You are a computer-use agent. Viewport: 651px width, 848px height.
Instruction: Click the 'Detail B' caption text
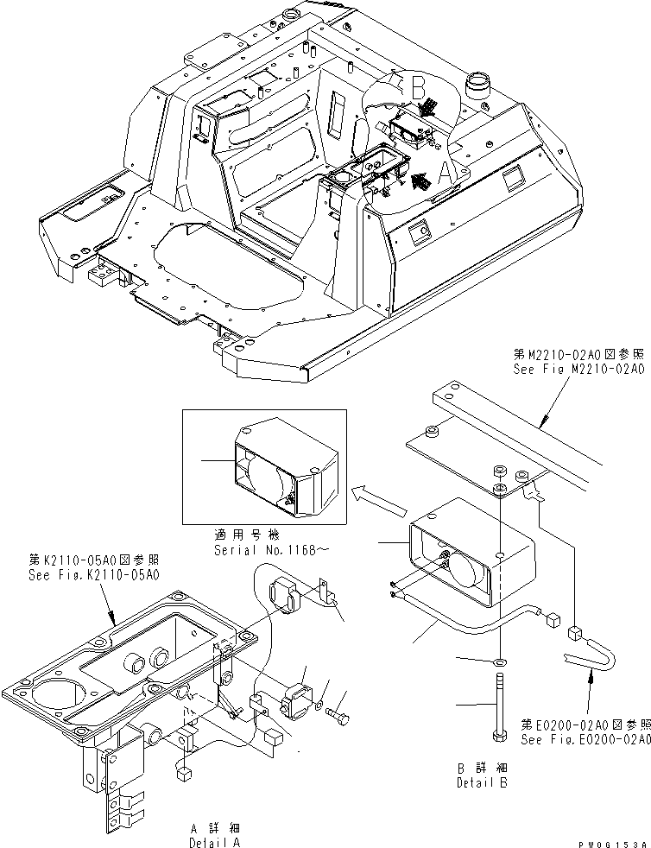(x=483, y=783)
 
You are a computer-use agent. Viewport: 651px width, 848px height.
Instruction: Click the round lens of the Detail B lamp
(x=467, y=571)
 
